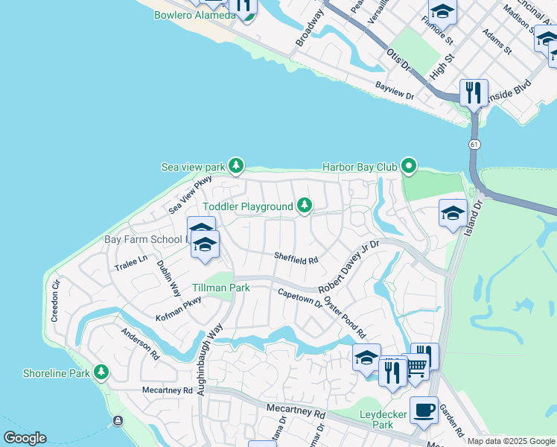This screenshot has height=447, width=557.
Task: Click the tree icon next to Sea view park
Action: (236, 165)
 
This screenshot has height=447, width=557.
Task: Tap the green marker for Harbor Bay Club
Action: (408, 166)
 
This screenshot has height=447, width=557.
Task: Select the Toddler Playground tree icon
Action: (304, 206)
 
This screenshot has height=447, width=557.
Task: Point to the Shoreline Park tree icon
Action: (101, 372)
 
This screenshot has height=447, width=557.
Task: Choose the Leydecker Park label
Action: (372, 419)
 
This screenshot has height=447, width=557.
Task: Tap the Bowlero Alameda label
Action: (194, 15)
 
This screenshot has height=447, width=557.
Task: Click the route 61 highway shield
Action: (474, 142)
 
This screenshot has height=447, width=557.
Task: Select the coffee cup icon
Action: (424, 409)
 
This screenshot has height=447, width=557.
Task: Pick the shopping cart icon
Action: (416, 366)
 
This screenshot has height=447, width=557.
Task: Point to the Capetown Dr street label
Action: (300, 299)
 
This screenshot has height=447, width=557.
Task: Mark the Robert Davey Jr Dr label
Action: (349, 267)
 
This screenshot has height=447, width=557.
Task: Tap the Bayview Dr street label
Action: (395, 91)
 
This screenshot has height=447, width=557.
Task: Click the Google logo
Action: (25, 438)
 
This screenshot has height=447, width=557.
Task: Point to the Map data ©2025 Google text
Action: (511, 441)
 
